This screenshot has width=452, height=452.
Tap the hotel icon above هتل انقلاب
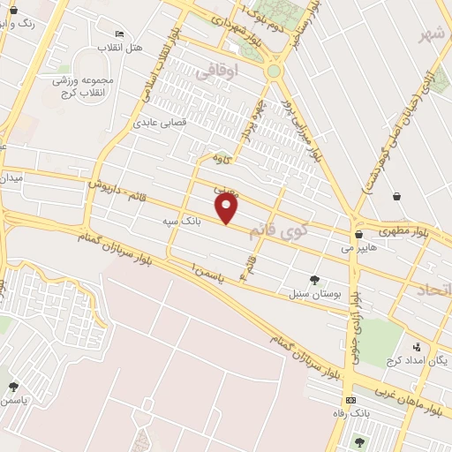[119, 31]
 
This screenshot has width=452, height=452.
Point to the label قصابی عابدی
[160, 124]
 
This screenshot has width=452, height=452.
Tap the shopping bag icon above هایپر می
[358, 235]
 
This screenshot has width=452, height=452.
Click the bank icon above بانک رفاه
[352, 400]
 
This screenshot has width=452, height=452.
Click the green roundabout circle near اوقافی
[274, 71]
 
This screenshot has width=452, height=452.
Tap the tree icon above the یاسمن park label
[13, 386]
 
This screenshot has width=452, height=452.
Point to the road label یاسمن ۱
[208, 274]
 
